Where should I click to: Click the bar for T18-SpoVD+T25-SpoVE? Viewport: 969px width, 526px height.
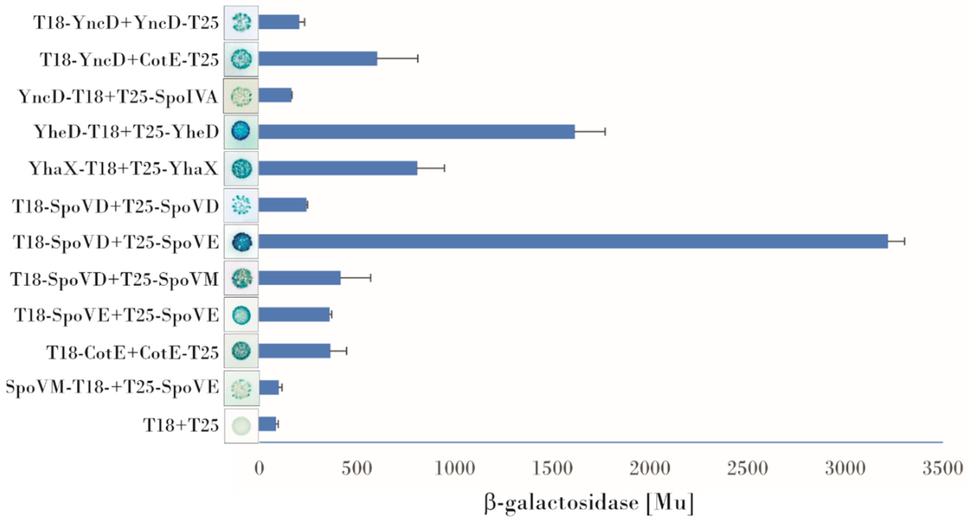tap(572, 241)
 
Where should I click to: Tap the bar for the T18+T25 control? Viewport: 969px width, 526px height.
tap(267, 424)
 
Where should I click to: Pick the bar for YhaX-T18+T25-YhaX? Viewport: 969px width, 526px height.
tap(337, 168)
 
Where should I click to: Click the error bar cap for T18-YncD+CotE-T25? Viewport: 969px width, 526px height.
tap(418, 59)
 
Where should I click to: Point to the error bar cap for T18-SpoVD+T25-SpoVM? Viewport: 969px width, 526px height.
tap(371, 278)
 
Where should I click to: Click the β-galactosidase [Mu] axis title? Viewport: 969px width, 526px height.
tap(589, 503)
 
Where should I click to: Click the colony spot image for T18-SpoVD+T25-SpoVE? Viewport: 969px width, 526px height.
tap(241, 242)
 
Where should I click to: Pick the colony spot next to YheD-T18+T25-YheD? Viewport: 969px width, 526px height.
tap(241, 132)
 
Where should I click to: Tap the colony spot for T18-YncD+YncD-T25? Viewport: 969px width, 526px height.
tap(241, 22)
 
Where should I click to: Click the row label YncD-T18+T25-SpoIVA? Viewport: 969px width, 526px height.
tap(118, 97)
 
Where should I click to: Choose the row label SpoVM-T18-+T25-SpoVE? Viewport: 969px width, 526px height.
tap(112, 387)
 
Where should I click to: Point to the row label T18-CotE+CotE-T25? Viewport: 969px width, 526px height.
tap(133, 353)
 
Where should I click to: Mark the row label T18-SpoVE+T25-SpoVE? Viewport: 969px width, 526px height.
tap(116, 315)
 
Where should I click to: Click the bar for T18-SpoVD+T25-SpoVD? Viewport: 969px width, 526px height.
tap(282, 205)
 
